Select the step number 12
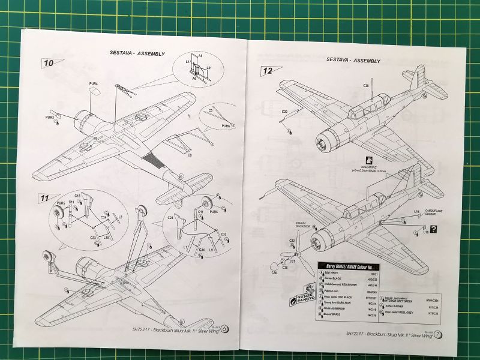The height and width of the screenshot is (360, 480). click(x=268, y=71)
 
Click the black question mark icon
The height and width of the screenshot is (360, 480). click(x=433, y=229)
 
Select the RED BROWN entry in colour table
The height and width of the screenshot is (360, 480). click(x=353, y=285)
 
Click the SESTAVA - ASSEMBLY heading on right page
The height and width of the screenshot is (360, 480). click(x=353, y=61)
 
